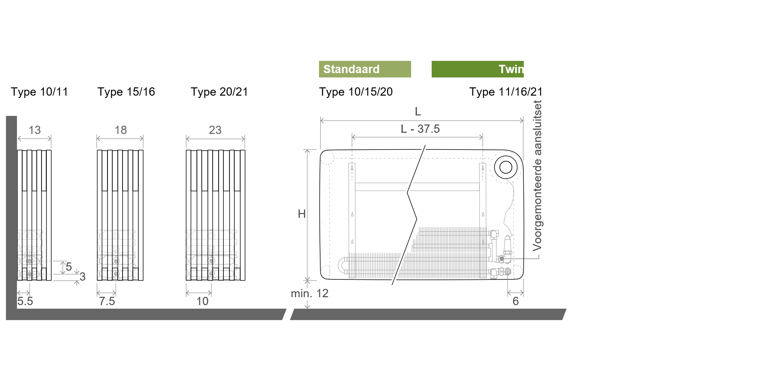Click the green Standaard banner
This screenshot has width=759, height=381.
[365, 69]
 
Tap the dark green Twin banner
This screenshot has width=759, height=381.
[478, 69]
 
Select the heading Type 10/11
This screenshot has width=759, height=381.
[40, 92]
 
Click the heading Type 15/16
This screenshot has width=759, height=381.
[126, 92]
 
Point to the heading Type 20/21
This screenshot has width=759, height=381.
[219, 92]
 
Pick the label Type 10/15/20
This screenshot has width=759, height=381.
[356, 92]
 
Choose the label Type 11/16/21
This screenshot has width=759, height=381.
[506, 92]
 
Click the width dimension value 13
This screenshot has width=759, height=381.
[35, 130]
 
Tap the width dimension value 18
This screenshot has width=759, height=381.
[121, 130]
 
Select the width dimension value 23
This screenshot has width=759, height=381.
[215, 130]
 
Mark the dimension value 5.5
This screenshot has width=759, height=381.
[25, 301]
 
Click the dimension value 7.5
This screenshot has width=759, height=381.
[107, 301]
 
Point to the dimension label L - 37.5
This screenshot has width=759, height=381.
[420, 129]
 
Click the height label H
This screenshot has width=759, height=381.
[302, 214]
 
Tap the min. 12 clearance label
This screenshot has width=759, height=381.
[310, 293]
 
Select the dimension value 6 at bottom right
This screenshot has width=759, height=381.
[515, 301]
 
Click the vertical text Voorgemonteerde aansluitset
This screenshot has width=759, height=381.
[537, 175]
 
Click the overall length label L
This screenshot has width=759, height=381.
[418, 111]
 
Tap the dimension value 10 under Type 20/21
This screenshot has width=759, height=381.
[202, 301]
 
